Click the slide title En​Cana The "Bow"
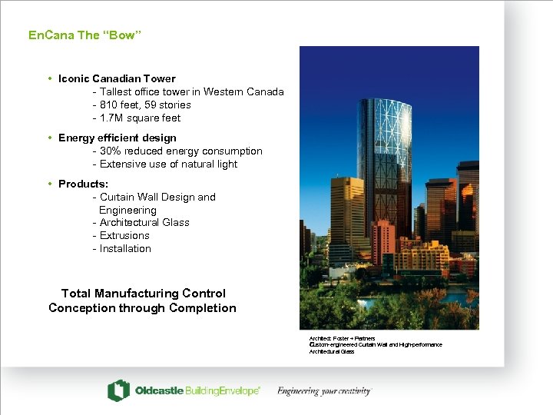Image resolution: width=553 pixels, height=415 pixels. tap(84, 35)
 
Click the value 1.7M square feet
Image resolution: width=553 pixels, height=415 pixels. tap(141, 118)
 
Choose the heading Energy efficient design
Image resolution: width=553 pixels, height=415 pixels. tap(117, 138)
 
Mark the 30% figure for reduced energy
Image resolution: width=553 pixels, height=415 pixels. tap(112, 151)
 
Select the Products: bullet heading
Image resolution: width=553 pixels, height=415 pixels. tap(83, 184)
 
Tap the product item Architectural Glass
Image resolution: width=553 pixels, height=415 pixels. tap(144, 223)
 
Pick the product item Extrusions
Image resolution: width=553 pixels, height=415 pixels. tap(124, 236)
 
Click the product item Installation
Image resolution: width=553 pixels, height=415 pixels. tap(125, 249)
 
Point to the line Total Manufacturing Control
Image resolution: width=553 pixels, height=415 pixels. tap(143, 294)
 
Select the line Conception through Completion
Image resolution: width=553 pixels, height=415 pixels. tap(142, 308)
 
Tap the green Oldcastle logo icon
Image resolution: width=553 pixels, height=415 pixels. tap(118, 390)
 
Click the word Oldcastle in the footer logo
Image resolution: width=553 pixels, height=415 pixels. tap(159, 391)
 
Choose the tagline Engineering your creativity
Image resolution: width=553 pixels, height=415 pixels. tap(323, 391)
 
